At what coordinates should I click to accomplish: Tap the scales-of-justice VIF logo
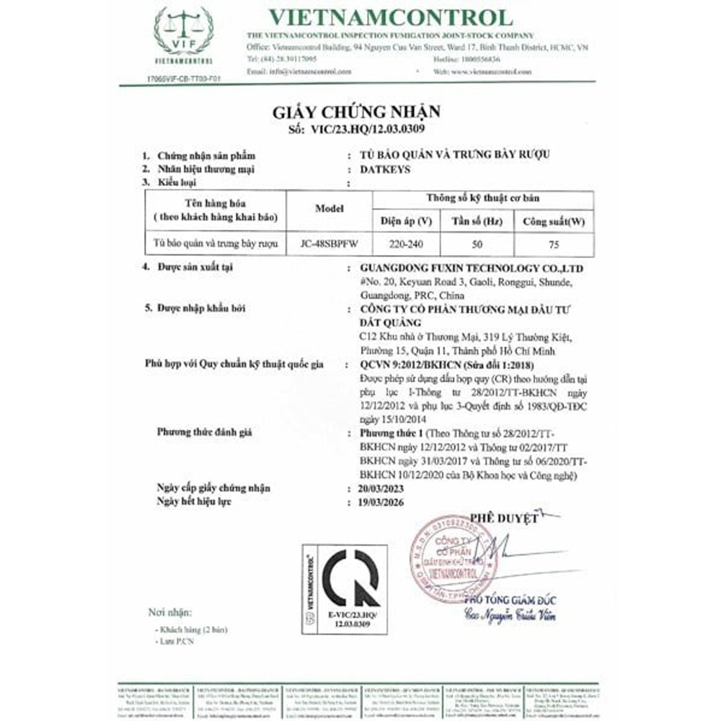183,35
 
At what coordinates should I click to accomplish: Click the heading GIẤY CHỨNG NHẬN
355,112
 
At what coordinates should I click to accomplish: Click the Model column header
330,208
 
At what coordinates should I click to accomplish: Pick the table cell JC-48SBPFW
330,243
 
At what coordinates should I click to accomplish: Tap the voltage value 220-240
405,243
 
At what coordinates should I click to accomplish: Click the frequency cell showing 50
477,243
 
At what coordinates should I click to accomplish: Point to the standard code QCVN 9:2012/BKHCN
404,366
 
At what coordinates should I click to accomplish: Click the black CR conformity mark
350,578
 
